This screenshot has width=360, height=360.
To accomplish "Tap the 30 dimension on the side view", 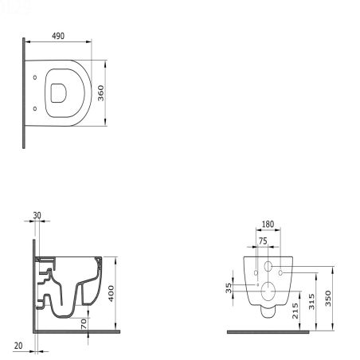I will click(x=37, y=215).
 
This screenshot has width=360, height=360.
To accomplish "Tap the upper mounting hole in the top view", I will click(x=36, y=77).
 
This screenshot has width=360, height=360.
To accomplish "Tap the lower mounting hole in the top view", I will click(x=36, y=108).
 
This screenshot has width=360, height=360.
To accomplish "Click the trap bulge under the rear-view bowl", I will click(x=268, y=311).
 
